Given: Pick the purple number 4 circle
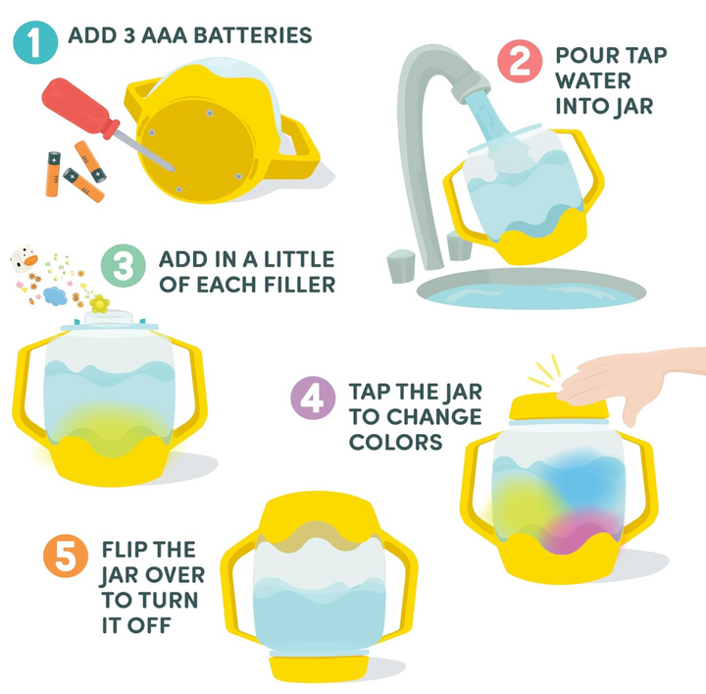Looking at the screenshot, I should (310, 400).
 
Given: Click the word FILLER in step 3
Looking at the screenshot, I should (296, 286).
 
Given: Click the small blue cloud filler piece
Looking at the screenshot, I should (55, 294).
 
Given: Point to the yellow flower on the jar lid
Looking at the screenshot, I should (99, 304).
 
